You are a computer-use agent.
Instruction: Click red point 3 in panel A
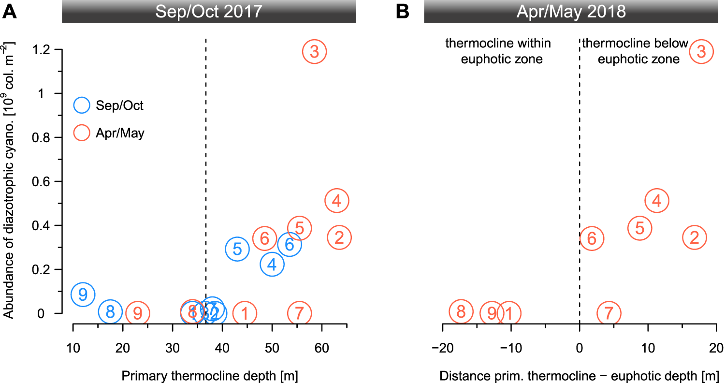point(315,51)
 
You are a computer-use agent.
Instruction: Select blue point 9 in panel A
point(83,294)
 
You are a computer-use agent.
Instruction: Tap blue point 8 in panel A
point(110,312)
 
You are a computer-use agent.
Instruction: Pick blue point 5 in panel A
point(237,249)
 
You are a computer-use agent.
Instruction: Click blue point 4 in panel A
point(272,264)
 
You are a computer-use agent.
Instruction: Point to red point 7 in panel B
point(609,313)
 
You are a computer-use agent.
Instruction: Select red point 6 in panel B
point(592,238)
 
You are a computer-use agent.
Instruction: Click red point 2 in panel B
point(694,237)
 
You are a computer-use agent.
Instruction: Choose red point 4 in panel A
point(337,201)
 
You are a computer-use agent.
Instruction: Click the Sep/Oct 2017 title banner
point(209,11)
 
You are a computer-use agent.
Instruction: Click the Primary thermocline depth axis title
point(209,375)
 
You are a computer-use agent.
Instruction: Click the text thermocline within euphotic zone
point(498,51)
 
